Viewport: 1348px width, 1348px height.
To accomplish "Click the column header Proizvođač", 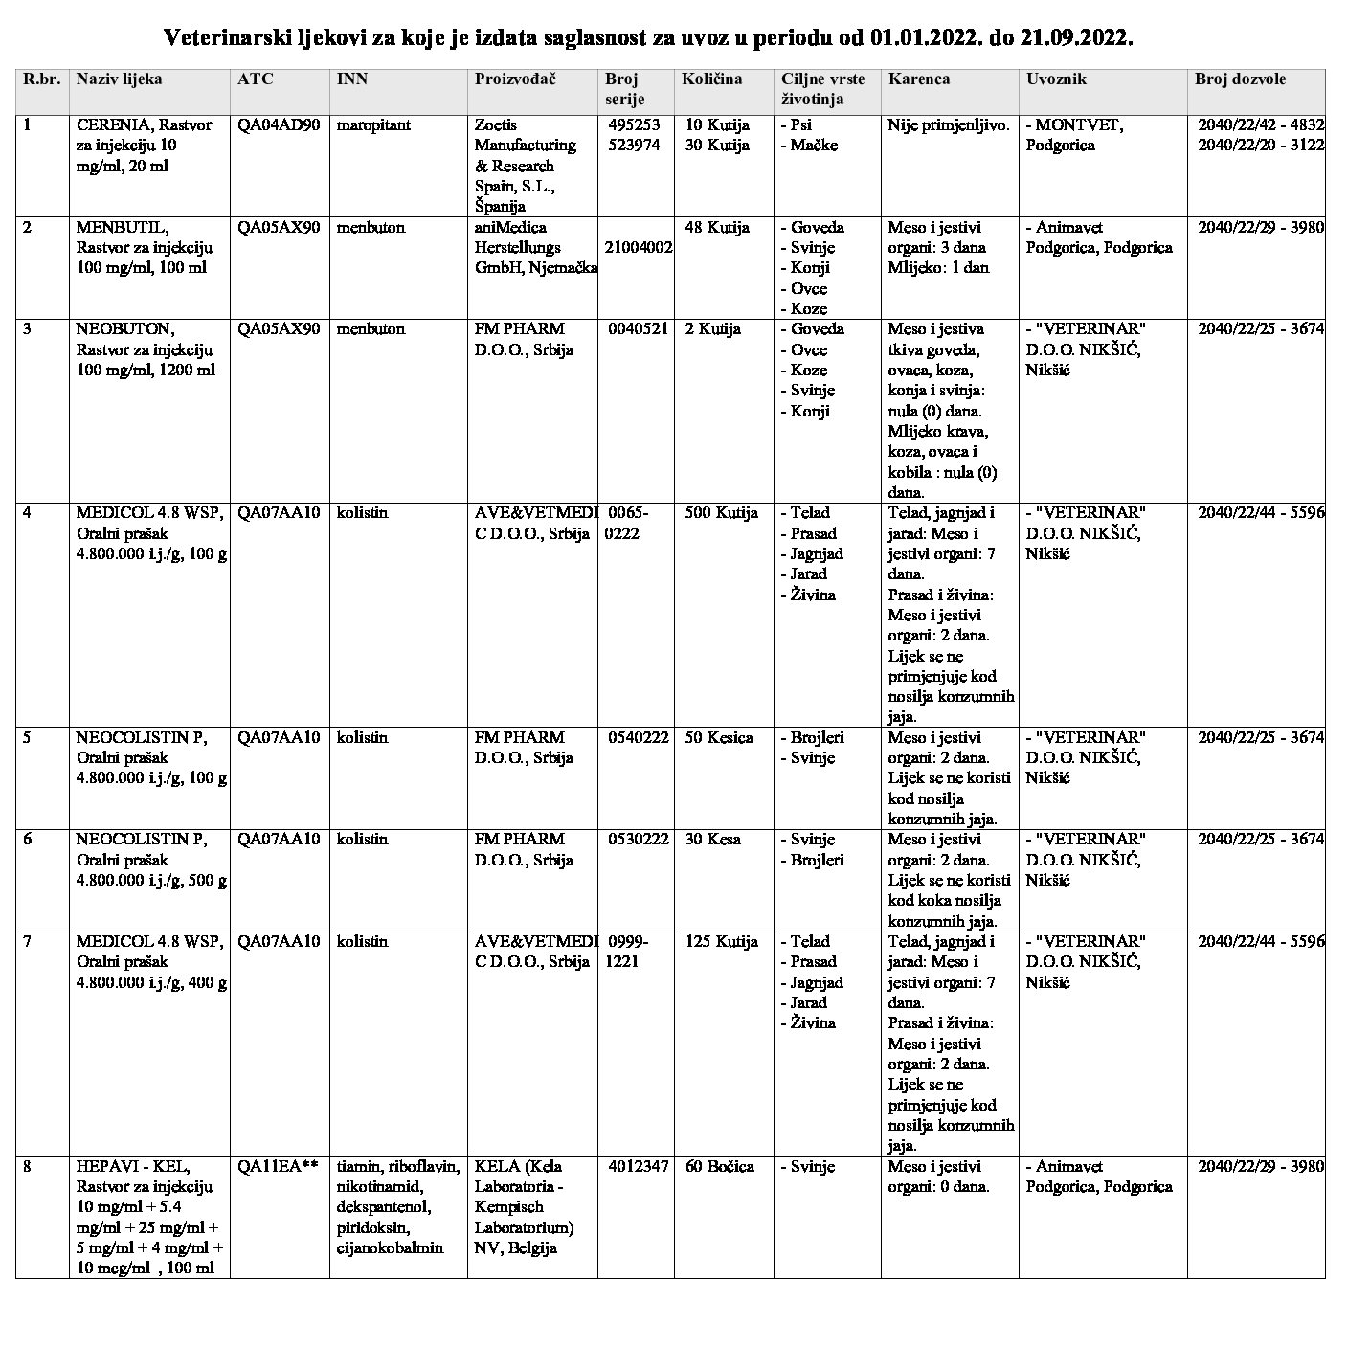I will tap(515, 79).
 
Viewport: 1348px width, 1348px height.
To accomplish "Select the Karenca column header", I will tap(919, 79).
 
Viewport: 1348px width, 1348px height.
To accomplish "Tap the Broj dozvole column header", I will tap(1240, 79).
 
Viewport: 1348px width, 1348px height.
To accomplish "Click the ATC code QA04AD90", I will tap(279, 124).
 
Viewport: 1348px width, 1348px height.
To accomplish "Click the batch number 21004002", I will tap(638, 247).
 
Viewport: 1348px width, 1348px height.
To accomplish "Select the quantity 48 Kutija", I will tap(717, 228).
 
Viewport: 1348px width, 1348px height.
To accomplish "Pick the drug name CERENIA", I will tap(115, 124).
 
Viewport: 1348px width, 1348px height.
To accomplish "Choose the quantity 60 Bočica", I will tap(719, 1167).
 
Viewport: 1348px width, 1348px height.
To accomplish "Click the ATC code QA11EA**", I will tap(278, 1167).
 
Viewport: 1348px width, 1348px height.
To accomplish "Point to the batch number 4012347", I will tap(638, 1167).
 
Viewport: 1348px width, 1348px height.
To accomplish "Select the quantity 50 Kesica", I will tap(719, 738).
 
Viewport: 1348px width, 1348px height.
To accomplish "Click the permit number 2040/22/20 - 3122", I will tap(1261, 146).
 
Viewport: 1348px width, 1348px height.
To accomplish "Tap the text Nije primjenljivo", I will tap(948, 124).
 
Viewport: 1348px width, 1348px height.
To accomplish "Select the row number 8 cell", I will tap(28, 1167).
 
